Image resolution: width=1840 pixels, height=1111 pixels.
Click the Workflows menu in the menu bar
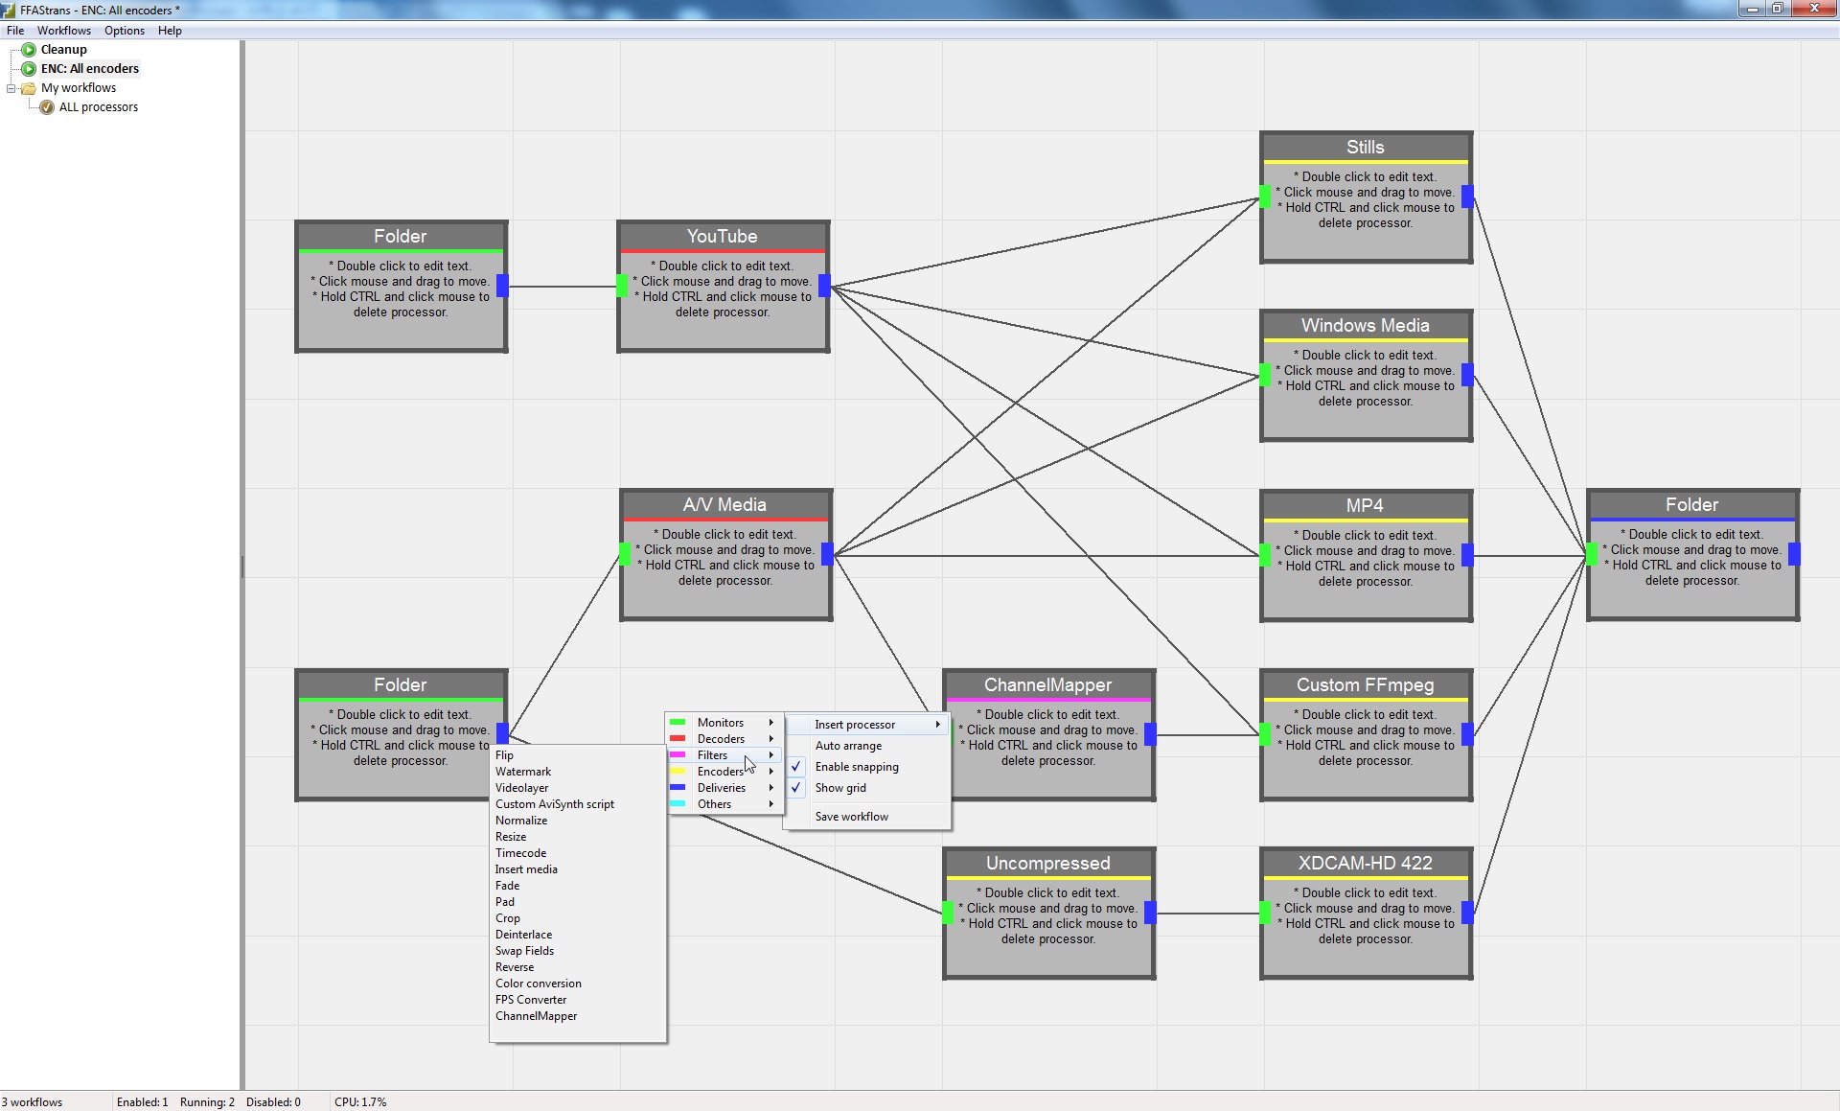(64, 31)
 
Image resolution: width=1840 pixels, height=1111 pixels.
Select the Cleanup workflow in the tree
(63, 50)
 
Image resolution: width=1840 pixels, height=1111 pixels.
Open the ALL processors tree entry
(98, 107)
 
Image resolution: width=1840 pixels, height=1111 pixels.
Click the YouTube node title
(722, 237)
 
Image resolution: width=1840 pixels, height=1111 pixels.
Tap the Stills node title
(1365, 148)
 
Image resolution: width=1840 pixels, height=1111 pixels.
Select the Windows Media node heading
(1365, 326)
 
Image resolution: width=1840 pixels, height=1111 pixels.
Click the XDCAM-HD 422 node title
(1365, 864)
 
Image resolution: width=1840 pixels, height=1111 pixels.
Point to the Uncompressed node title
(1047, 864)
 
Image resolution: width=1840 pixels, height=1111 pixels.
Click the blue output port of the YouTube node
(824, 285)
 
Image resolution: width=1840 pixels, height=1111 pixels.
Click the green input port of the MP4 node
(1265, 554)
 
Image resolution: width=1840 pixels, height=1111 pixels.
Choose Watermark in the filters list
(522, 772)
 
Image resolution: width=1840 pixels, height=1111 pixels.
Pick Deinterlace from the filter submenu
(523, 935)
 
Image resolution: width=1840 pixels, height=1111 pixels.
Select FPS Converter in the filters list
(530, 1000)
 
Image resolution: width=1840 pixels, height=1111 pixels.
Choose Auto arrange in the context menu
(848, 746)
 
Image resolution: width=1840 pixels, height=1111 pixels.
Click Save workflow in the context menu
(851, 817)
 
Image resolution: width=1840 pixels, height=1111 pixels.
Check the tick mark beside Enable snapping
(795, 767)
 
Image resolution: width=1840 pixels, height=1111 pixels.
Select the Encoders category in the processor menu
(720, 772)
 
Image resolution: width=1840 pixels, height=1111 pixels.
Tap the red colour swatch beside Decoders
(678, 739)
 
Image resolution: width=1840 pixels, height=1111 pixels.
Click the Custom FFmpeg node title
(1365, 685)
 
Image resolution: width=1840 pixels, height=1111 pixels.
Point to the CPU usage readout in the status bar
(360, 1102)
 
